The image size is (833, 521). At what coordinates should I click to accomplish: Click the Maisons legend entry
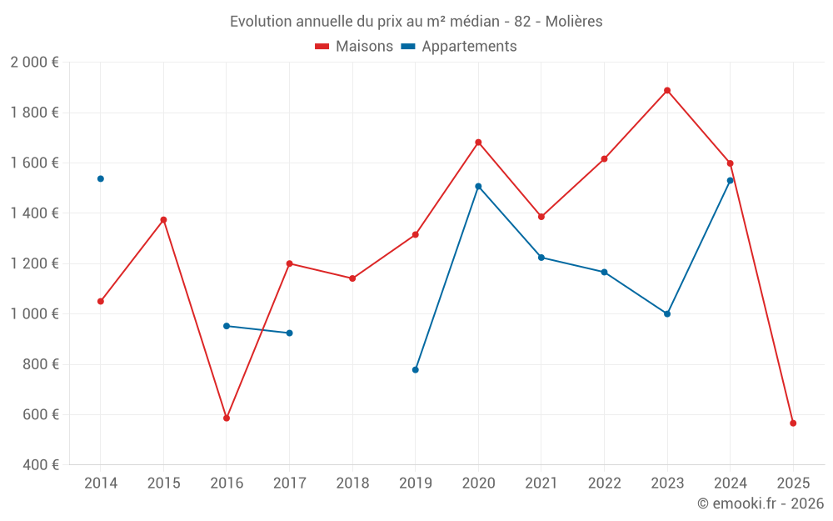point(354,47)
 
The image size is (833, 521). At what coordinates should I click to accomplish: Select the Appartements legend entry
point(459,47)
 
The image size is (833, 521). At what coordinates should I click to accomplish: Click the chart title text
point(416,21)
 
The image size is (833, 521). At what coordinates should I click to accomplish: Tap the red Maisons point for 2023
point(667,90)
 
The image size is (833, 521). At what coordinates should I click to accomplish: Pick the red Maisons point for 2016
point(227,418)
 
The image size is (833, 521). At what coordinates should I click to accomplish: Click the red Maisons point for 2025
point(793,423)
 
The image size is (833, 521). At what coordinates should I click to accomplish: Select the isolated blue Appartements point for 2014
point(101,178)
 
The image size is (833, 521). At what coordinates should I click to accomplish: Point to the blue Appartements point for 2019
point(416,369)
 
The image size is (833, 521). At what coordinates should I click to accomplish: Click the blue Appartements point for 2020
point(478,186)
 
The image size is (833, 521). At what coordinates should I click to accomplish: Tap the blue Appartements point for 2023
point(667,313)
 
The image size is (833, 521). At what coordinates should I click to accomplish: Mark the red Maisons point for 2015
point(163,219)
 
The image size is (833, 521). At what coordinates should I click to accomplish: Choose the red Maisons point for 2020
point(478,142)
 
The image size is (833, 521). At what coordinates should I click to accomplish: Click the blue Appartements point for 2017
point(289,333)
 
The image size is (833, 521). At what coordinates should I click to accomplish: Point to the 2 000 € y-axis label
point(34,63)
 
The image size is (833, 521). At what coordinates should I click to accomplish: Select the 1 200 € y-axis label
point(34,263)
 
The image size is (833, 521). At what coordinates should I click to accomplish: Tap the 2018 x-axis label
point(352,483)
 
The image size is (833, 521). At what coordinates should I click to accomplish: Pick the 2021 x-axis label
point(541,483)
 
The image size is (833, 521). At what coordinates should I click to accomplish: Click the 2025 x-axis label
point(793,483)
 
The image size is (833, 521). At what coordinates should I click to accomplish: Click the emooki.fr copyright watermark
point(761,503)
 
